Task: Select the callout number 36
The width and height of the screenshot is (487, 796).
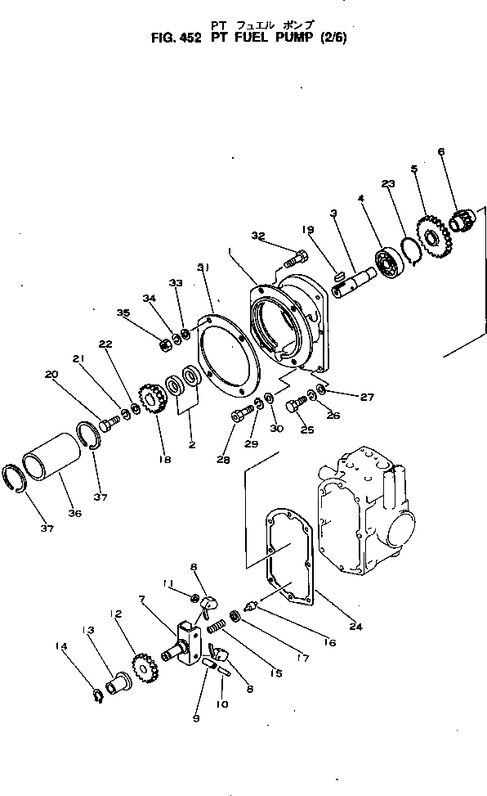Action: (x=75, y=513)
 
